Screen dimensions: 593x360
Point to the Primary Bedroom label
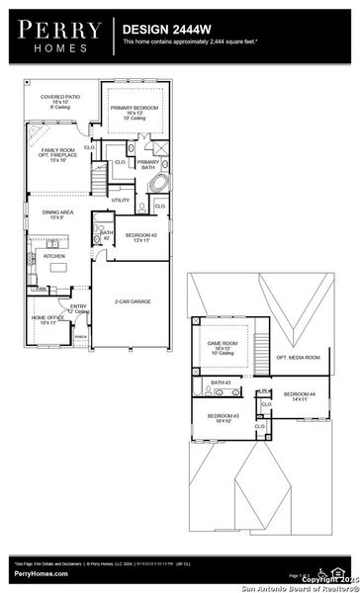134,110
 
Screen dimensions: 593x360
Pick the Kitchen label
53,255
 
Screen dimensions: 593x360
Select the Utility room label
121,200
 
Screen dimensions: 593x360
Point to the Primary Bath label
148,164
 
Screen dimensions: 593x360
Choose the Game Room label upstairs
218,347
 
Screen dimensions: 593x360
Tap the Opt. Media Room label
298,357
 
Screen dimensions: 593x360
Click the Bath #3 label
221,381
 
